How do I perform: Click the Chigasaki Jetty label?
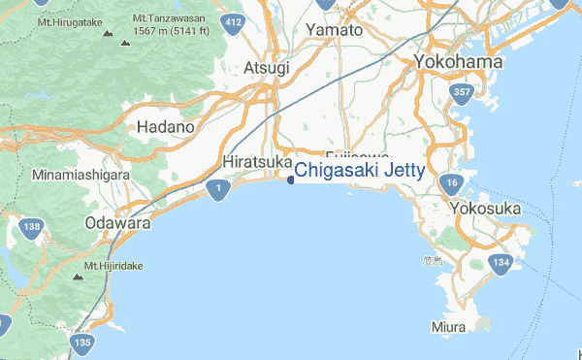(360, 172)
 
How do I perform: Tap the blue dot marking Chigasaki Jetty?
(291, 179)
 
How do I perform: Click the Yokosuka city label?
(486, 209)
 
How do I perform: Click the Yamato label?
(334, 30)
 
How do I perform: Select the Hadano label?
(166, 127)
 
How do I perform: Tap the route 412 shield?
(233, 24)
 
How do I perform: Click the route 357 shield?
(461, 93)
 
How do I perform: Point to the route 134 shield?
(501, 264)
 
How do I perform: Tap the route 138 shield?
(32, 229)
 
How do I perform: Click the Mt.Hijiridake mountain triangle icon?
(78, 277)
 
